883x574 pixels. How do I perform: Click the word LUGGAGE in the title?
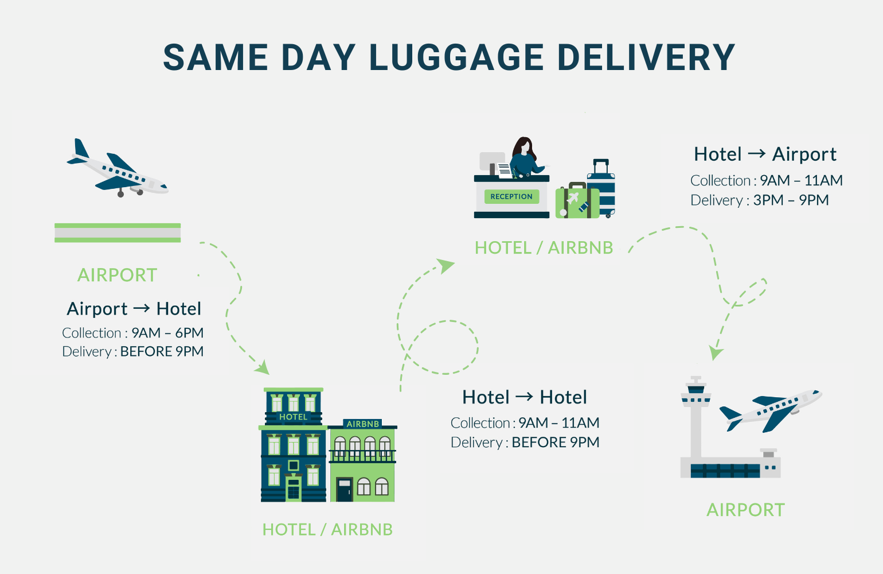coord(456,57)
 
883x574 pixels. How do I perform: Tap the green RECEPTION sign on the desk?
coord(511,196)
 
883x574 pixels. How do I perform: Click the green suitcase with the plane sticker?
coord(576,201)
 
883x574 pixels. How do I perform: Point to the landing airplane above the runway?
coord(118,169)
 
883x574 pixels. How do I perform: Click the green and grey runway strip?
coord(118,232)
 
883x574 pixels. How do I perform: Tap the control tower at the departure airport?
coord(696,419)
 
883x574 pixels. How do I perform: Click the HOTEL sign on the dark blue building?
coord(293,417)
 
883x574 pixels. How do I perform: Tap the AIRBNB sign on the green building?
coord(363,424)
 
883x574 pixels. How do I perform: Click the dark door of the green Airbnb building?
coord(344,490)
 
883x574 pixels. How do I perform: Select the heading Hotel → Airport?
coord(765,154)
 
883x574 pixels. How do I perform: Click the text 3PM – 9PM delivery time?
coord(791,200)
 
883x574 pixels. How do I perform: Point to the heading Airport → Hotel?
coord(134,308)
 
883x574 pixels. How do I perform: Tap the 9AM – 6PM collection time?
coord(167,333)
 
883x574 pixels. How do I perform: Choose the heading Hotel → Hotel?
coord(525,397)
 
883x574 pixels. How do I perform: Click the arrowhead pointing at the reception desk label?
coord(445,265)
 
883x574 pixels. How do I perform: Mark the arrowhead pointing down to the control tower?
coord(716,352)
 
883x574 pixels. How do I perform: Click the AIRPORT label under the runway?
coord(117,275)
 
